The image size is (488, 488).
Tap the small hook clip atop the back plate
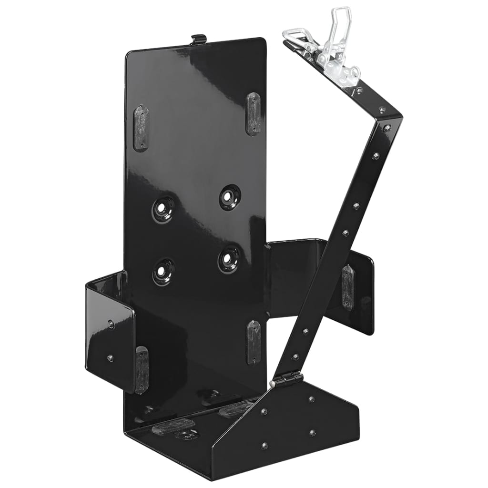pos(199,40)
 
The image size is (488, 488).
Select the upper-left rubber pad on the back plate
pos(141,128)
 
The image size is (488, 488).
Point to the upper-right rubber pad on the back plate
pos(253,114)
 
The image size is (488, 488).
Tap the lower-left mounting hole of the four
pos(163,272)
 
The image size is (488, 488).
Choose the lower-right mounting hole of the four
pos(229,259)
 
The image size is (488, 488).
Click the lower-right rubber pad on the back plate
pos(254,342)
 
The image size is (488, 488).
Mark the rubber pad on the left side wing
pos(141,369)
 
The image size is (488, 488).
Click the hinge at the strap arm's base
pos(286,380)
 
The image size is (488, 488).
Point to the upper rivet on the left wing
pos(110,324)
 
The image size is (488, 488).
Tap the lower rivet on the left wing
pos(110,358)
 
